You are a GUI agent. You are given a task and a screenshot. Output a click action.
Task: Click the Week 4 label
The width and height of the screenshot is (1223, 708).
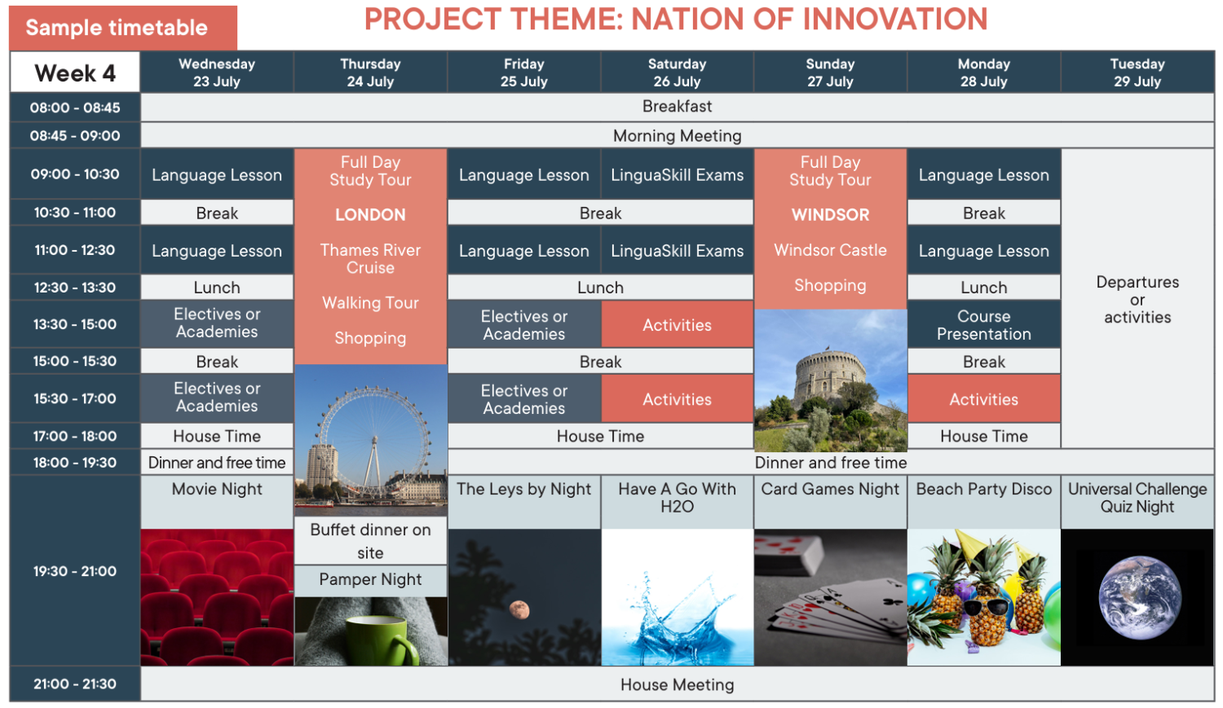click(x=75, y=73)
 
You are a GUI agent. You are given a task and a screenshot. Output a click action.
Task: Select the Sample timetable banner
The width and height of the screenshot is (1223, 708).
click(x=123, y=27)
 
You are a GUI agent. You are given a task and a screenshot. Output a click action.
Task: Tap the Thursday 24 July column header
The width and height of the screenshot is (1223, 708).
click(x=370, y=73)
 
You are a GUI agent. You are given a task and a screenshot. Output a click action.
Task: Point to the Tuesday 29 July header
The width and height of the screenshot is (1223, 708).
click(x=1137, y=73)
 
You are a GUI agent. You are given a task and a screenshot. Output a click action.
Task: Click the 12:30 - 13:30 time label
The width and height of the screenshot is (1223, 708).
click(x=75, y=288)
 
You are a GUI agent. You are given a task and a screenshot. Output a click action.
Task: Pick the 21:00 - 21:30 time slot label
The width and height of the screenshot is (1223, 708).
click(x=75, y=684)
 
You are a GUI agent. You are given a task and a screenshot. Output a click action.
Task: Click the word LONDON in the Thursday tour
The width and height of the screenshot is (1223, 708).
click(x=370, y=215)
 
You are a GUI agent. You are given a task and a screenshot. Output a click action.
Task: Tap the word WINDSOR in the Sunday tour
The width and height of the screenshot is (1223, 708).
click(x=830, y=215)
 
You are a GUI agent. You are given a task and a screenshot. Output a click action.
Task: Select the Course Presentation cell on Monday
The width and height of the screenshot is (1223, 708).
click(x=984, y=324)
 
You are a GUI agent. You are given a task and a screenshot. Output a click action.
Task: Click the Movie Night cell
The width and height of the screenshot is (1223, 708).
click(x=217, y=502)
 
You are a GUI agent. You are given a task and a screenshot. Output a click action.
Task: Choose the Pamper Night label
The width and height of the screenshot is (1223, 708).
click(x=370, y=580)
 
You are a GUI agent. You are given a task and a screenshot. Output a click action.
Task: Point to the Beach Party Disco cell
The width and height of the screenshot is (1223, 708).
click(x=984, y=502)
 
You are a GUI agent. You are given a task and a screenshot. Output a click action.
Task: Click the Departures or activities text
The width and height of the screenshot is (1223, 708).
click(x=1137, y=300)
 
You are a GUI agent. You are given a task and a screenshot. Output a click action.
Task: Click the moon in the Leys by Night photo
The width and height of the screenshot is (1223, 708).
click(x=519, y=609)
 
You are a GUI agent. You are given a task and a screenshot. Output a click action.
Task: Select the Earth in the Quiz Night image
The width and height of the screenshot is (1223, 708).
click(x=1140, y=598)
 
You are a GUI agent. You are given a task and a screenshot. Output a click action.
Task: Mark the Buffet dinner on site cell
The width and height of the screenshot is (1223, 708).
click(x=370, y=540)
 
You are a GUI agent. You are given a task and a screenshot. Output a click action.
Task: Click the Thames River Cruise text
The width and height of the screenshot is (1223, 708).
click(x=370, y=258)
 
